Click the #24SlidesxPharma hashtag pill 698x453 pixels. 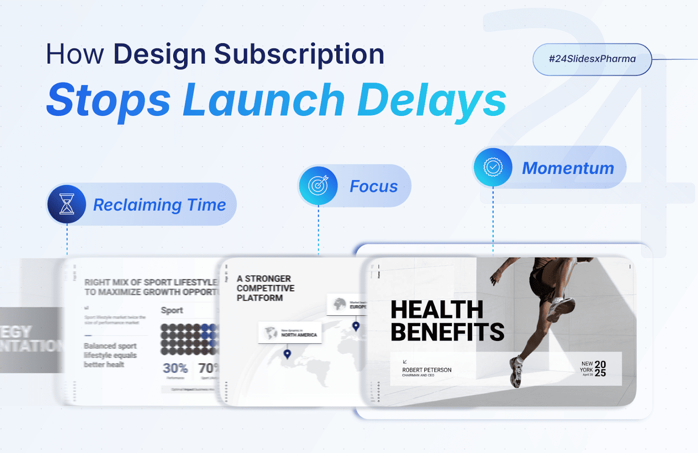(x=592, y=59)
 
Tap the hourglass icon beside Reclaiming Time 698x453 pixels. (x=67, y=204)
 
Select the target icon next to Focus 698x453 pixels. (x=318, y=186)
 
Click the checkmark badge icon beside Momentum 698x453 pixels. (x=493, y=167)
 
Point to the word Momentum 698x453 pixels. (x=568, y=168)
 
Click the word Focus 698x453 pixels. (x=374, y=187)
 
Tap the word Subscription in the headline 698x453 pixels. (x=299, y=54)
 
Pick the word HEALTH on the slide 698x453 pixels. (x=437, y=310)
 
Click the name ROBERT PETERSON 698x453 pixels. (x=427, y=370)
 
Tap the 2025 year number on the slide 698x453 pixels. (x=600, y=368)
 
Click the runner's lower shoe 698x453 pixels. (x=517, y=373)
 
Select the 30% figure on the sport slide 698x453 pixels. (x=175, y=368)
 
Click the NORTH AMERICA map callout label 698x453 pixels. (x=299, y=335)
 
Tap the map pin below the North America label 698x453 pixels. (x=287, y=354)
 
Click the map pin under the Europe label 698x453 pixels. (x=356, y=326)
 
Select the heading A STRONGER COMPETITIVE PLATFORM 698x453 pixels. (x=265, y=288)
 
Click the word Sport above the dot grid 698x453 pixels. (x=172, y=310)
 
